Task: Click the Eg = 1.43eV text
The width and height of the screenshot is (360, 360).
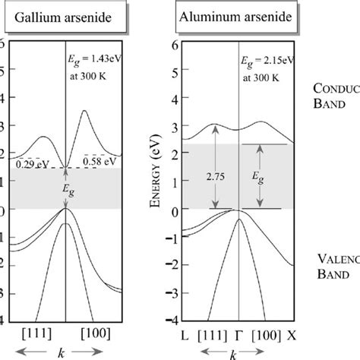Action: (96, 57)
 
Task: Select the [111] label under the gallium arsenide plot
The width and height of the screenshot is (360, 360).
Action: (36, 335)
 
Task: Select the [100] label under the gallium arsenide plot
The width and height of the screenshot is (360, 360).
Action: (94, 335)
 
